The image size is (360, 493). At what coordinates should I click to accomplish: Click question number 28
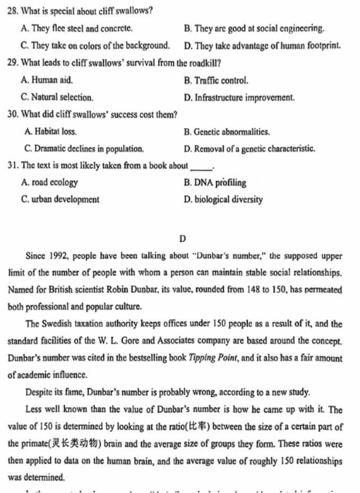click(x=13, y=11)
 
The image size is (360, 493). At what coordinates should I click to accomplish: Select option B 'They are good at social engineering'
click(x=254, y=28)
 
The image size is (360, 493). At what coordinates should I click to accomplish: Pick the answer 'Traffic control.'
click(x=216, y=81)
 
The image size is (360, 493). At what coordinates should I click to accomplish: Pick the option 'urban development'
click(x=60, y=199)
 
